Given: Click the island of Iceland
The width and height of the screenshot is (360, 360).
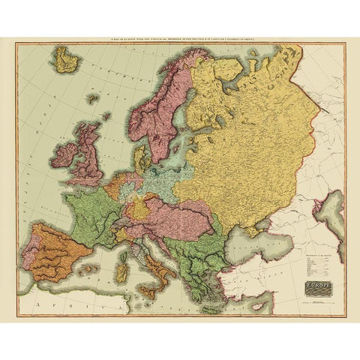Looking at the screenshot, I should pyautogui.click(x=67, y=58).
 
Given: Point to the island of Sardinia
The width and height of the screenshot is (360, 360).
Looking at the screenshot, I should pyautogui.click(x=121, y=262).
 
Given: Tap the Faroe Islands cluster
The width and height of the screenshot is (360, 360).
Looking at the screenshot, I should pyautogui.click(x=93, y=97).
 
